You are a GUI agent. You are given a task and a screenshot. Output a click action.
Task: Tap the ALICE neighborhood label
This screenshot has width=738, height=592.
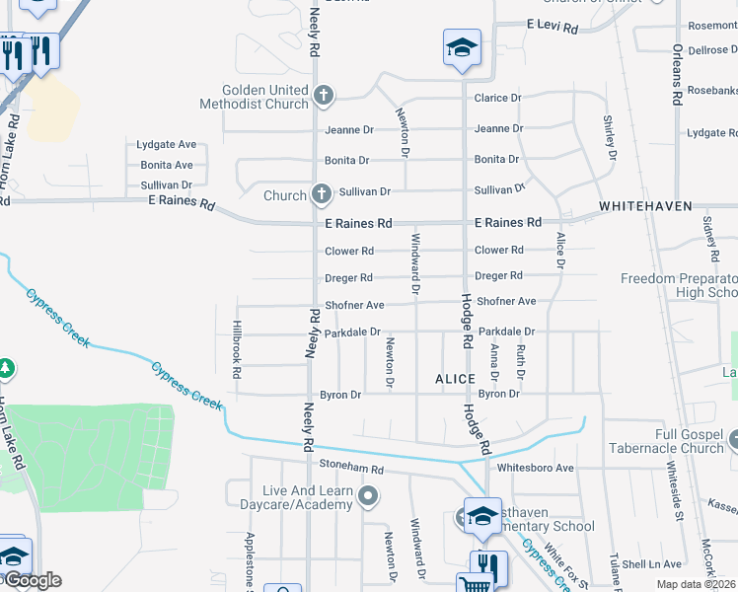[x=455, y=379]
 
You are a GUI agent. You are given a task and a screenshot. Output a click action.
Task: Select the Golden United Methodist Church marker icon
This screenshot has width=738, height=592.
[x=322, y=96]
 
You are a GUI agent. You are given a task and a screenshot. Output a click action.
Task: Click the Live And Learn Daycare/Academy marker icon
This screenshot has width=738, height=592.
[x=368, y=496]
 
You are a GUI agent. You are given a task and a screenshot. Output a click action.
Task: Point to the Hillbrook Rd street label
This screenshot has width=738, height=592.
[x=236, y=348]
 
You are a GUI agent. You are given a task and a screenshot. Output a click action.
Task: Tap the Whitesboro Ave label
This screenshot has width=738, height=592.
[x=536, y=468]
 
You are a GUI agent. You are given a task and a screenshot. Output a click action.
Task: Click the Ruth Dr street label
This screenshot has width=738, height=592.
[x=520, y=361]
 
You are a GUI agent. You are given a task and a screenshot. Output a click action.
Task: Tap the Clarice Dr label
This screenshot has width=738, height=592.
[x=497, y=98]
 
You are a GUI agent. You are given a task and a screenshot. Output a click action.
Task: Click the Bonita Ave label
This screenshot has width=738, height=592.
[x=167, y=165]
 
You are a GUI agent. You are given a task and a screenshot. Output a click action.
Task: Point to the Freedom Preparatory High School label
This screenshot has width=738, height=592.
[x=679, y=286]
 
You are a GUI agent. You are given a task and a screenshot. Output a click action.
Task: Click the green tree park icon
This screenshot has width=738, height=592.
[x=7, y=368]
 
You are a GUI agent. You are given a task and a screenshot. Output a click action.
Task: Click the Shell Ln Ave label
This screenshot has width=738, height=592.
[x=652, y=564]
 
